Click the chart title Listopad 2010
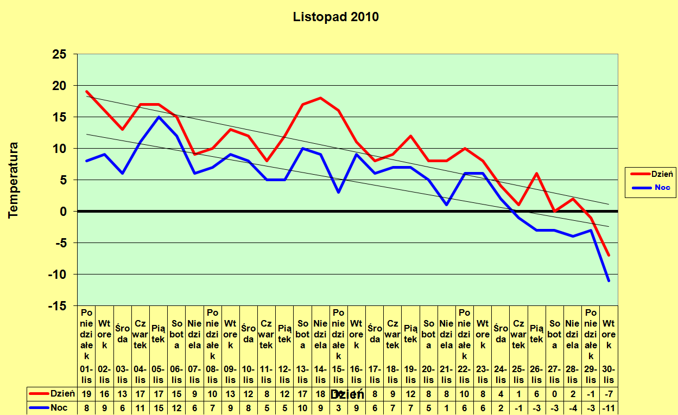[x=335, y=17]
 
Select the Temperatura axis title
[x=14, y=180]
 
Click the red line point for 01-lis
[x=86, y=92]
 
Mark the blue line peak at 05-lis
[x=159, y=117]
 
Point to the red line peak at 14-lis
[x=320, y=98]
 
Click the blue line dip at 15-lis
[x=338, y=192]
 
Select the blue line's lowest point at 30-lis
[x=609, y=280]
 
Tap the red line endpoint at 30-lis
[x=609, y=255]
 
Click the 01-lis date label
[x=86, y=374]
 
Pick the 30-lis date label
[x=609, y=374]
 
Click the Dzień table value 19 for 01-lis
[x=86, y=393]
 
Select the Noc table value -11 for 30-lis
[x=609, y=408]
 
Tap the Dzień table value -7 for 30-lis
[x=609, y=393]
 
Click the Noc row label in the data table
[x=59, y=408]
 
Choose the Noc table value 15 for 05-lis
[x=159, y=408]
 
